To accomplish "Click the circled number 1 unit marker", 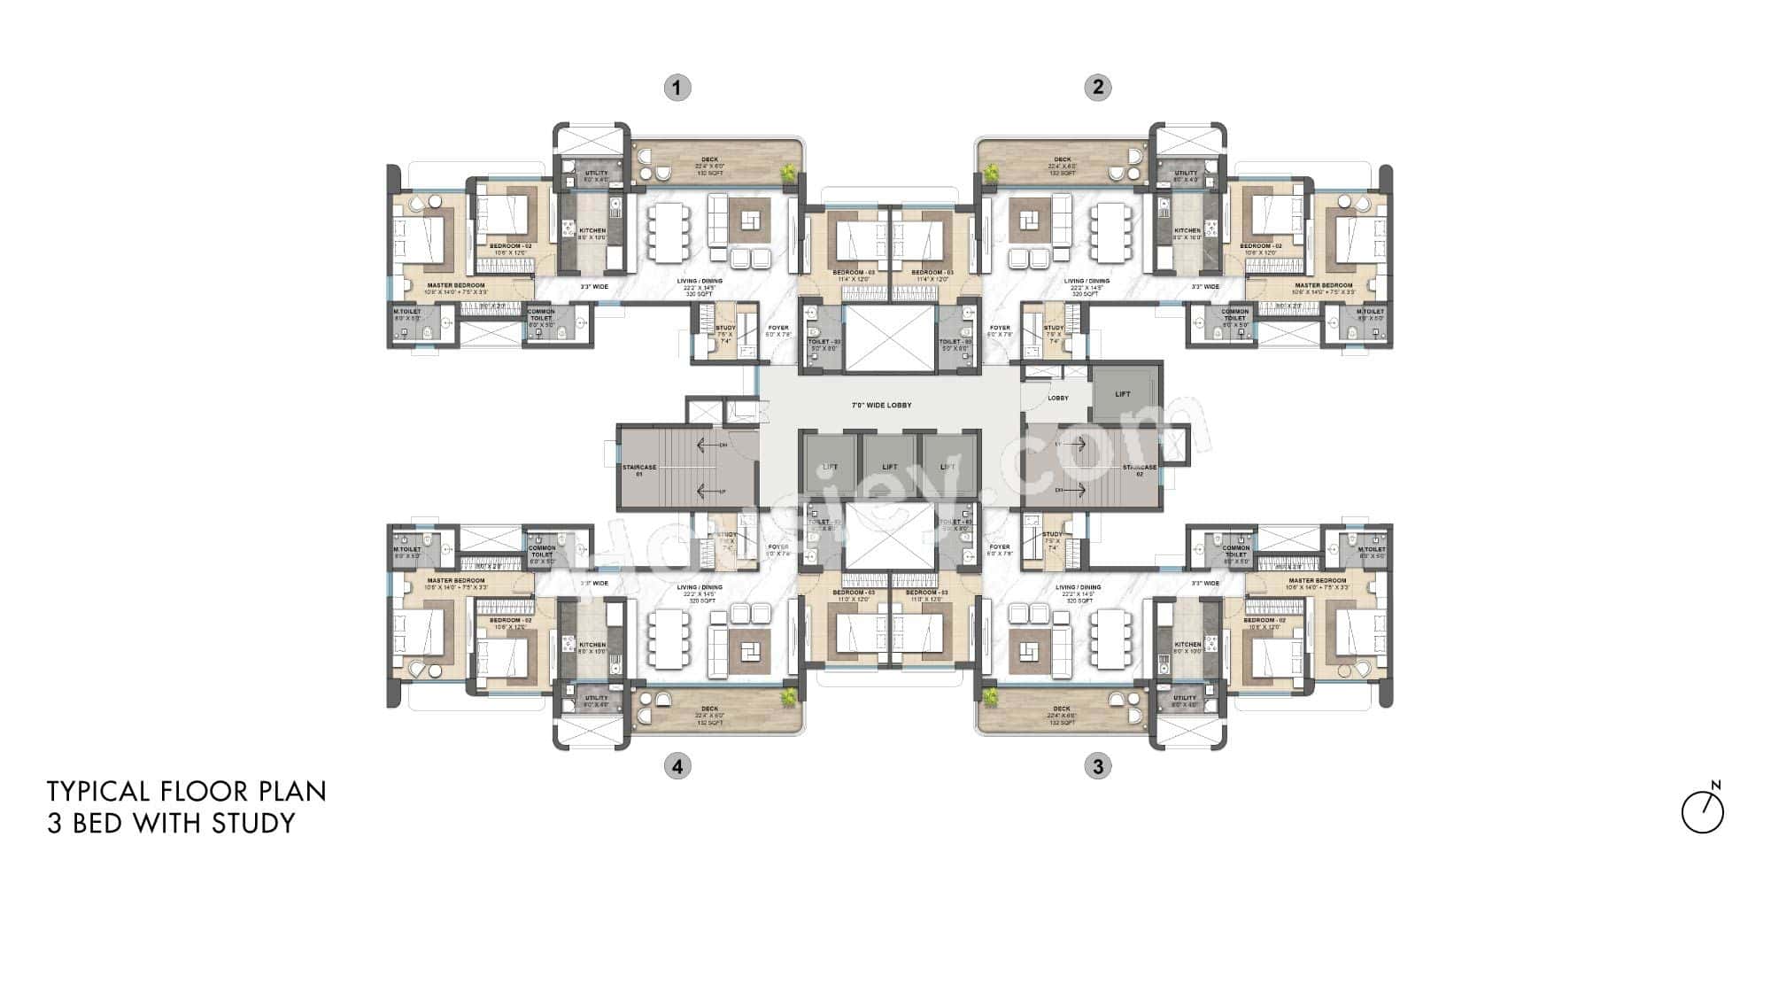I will tap(677, 87).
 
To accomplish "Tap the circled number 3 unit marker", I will tap(1098, 766).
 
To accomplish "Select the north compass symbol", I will tap(1703, 810).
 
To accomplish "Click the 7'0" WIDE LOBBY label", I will tap(881, 405).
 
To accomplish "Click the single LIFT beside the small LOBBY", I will tap(1123, 394).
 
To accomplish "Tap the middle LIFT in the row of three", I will tap(890, 467).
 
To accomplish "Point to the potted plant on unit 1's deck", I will tap(785, 174).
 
